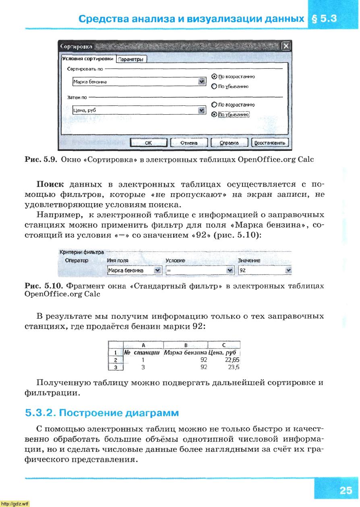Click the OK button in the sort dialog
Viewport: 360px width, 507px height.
coord(148,143)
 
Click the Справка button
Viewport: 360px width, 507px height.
coord(229,143)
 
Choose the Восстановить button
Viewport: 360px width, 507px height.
coord(270,143)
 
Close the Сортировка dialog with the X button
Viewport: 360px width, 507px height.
coord(286,46)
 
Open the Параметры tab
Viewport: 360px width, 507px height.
coord(131,60)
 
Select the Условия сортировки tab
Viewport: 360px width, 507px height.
coord(88,59)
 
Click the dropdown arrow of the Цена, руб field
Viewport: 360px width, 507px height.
coord(202,110)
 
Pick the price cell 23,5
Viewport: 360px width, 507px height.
coord(234,367)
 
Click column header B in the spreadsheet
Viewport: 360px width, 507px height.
coord(186,345)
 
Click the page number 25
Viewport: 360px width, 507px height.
coord(345,491)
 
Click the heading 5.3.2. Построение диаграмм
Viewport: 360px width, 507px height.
coord(102,413)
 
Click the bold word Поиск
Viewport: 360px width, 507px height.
coord(50,185)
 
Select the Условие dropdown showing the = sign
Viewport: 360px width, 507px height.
coord(196,270)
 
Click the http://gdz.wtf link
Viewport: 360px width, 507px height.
coord(15,503)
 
